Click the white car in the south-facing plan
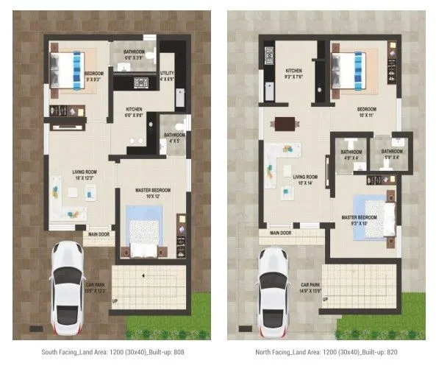coord(68,285)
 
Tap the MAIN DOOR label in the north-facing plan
coord(280,233)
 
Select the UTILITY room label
coord(167,75)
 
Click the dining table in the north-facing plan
coord(282,124)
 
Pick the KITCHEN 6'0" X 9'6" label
coord(134,113)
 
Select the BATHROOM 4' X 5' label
coord(174,137)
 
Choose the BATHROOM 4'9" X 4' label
coord(349,153)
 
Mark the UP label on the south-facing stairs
coord(113,301)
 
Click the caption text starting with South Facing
coord(112,352)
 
